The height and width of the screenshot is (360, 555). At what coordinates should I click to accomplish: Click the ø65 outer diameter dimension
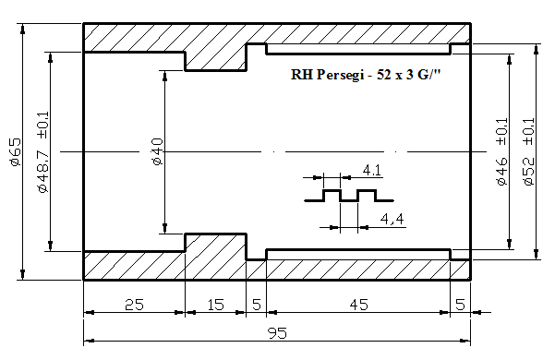(17, 152)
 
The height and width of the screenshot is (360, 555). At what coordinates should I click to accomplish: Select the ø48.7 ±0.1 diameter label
(43, 152)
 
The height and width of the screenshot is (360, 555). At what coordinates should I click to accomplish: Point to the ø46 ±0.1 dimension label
(501, 151)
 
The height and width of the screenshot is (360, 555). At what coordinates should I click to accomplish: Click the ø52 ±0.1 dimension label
(528, 151)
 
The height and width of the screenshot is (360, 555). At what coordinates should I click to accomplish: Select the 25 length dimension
(135, 305)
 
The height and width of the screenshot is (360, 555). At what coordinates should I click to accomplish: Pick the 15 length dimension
(215, 305)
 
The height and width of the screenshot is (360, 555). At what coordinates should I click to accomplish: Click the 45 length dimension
(359, 305)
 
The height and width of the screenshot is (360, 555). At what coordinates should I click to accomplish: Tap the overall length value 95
(277, 333)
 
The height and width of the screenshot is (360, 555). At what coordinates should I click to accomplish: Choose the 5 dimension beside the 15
(257, 305)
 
